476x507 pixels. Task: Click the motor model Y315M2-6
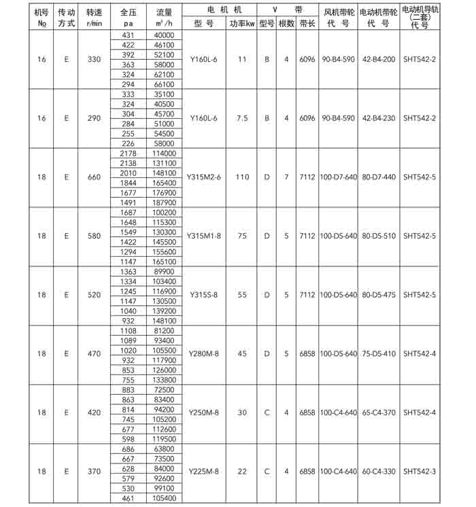click(203, 177)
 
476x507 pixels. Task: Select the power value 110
click(241, 177)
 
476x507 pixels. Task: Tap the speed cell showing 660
click(94, 177)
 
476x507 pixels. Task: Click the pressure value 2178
click(128, 154)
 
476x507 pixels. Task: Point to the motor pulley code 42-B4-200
click(378, 60)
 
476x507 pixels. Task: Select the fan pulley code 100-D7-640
click(338, 177)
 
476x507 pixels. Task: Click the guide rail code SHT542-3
click(420, 471)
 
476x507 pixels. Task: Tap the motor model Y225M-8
click(203, 471)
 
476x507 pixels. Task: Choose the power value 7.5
click(241, 118)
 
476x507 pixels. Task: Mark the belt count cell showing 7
click(286, 177)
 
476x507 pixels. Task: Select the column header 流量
click(164, 12)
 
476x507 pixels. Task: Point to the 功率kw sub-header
click(241, 23)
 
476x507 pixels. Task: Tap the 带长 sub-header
click(307, 23)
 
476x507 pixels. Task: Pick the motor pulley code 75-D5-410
click(378, 353)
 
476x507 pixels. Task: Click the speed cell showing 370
click(94, 471)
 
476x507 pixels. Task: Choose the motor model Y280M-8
click(203, 353)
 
